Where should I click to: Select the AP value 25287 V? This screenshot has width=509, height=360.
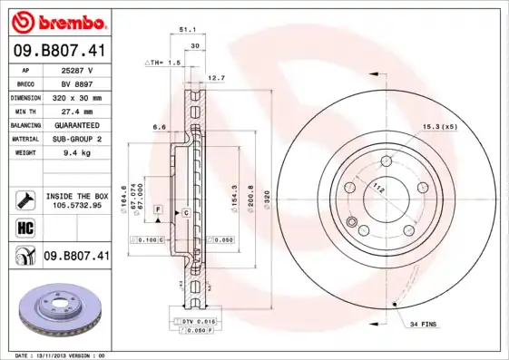click(78, 69)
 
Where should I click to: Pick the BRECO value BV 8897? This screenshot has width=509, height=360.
click(78, 83)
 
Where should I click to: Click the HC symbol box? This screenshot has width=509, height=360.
click(24, 226)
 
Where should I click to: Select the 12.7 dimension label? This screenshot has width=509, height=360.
click(216, 78)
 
